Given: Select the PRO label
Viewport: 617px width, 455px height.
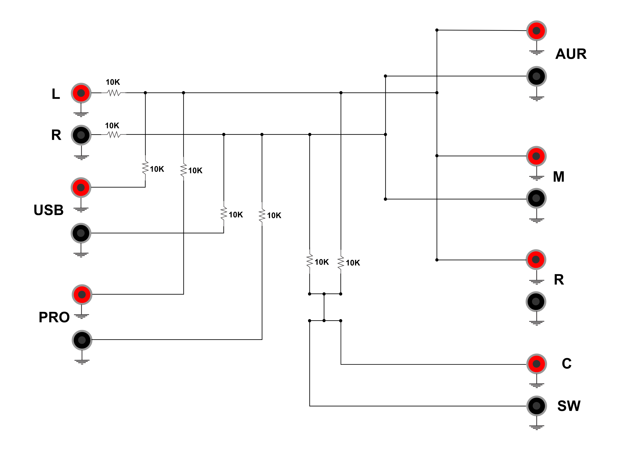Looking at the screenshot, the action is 54,317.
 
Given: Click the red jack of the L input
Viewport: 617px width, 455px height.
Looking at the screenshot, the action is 81,93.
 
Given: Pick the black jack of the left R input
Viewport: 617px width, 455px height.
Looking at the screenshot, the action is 81,135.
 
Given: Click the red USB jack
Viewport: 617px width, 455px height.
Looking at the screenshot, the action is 81,187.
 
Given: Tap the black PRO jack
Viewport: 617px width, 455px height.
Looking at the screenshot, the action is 82,340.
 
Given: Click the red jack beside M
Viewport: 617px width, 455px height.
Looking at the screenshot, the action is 536,156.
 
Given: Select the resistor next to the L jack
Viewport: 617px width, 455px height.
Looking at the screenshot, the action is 114,93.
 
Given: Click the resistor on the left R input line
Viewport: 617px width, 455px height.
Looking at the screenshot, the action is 114,135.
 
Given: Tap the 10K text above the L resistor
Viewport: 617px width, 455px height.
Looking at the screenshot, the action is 113,82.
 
